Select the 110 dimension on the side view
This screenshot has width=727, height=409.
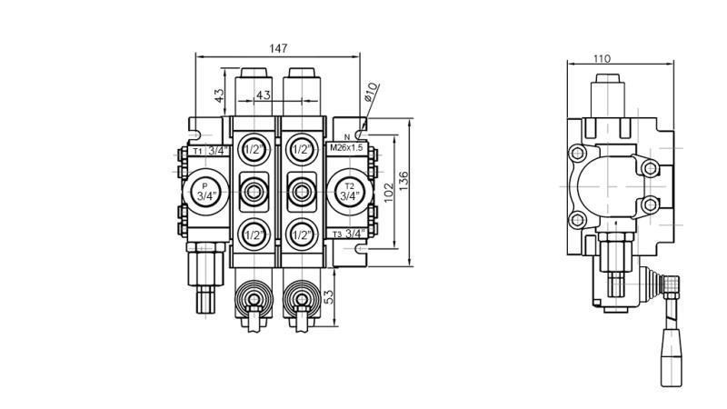coord(602,59)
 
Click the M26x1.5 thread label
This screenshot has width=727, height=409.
coord(346,147)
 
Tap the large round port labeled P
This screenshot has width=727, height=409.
coord(204,192)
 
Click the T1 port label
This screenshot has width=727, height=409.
coord(196,151)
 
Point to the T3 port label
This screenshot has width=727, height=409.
coord(338,234)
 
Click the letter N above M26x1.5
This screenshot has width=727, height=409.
coord(346,137)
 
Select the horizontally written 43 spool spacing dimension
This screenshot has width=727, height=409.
coord(263,95)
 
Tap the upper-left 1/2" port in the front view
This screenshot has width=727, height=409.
coord(253,149)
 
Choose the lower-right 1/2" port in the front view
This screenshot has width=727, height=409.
coord(302,235)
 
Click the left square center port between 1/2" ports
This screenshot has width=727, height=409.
coord(253,192)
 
